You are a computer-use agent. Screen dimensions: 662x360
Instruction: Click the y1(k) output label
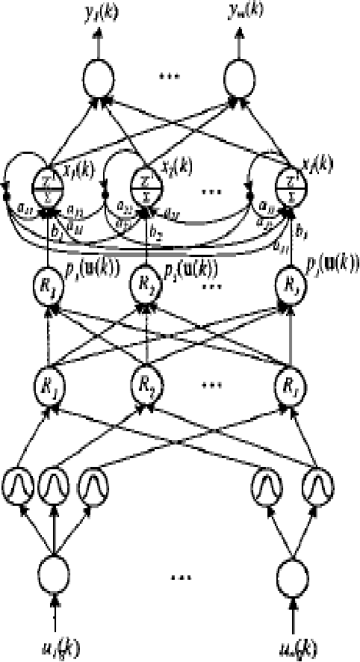pyautogui.click(x=97, y=11)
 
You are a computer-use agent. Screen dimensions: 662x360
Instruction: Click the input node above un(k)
pyautogui.click(x=291, y=575)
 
